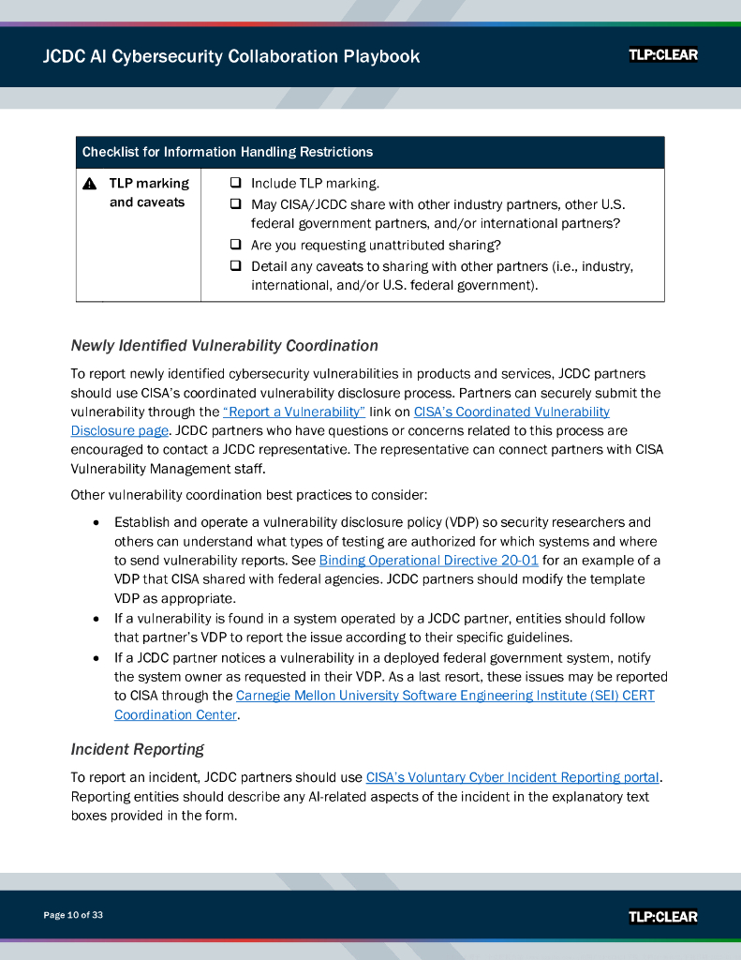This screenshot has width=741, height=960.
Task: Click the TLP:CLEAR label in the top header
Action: tap(663, 55)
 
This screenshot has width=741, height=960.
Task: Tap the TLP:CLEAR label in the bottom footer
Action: tap(663, 916)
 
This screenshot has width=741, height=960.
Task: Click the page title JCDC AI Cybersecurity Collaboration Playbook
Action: tap(231, 56)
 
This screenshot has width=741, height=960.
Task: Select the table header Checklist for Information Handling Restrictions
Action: tap(228, 152)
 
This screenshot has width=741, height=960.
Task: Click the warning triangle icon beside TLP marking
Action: tap(89, 184)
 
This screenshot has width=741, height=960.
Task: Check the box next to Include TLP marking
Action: tap(236, 183)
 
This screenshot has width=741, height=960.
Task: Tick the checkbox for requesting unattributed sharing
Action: tap(236, 245)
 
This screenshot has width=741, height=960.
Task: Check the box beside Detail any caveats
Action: tap(236, 265)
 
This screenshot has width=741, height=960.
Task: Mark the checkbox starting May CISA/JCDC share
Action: tap(236, 203)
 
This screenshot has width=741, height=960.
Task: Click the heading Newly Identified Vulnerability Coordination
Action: tap(225, 346)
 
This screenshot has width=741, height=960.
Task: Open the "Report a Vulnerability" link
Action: tap(294, 412)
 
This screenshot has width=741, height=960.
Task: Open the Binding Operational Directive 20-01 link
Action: tap(429, 561)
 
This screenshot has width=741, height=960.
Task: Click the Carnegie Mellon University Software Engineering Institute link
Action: tap(445, 696)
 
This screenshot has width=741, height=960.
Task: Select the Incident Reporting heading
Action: tap(138, 749)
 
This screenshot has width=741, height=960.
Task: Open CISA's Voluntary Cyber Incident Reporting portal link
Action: tap(512, 777)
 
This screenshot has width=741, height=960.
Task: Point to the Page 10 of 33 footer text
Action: tap(73, 915)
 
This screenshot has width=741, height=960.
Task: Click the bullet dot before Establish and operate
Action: tap(96, 522)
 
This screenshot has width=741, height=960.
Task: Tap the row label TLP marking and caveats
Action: tap(148, 193)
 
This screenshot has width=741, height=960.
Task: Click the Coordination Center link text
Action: tap(175, 715)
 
